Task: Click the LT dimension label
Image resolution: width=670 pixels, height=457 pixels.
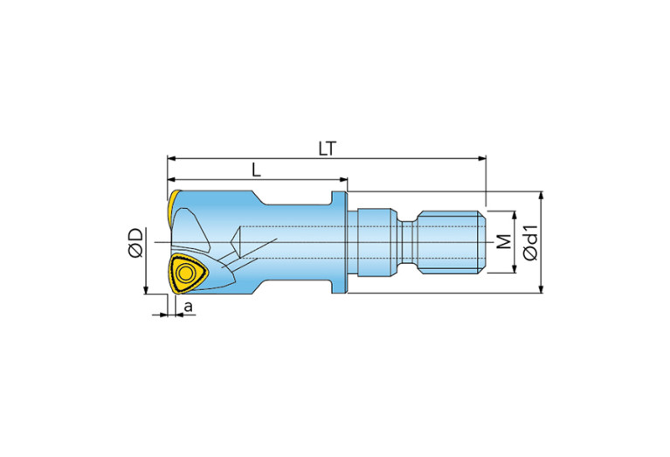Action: [328, 149]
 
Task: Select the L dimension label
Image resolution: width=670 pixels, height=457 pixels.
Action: [256, 170]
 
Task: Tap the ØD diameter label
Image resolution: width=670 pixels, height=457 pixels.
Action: [135, 243]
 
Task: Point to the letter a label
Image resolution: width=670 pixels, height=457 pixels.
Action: [188, 306]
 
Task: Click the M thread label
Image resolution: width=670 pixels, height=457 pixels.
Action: [505, 241]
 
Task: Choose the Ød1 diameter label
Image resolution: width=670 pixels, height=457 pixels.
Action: [531, 242]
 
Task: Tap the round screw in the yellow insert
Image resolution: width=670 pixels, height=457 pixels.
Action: [186, 273]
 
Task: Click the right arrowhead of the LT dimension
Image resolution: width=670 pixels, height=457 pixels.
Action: [482, 159]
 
